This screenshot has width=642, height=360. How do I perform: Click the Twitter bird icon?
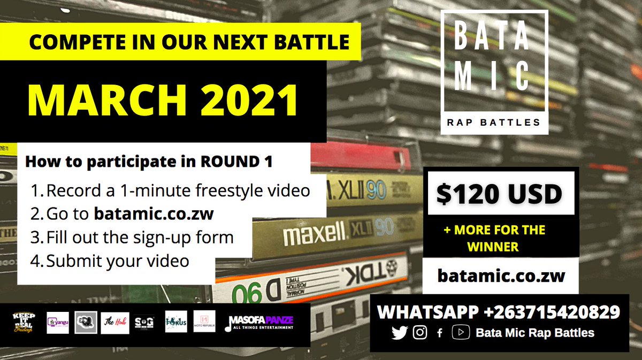tap(400, 333)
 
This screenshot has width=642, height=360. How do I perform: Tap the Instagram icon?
tap(421, 333)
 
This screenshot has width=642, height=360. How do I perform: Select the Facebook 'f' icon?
tap(440, 333)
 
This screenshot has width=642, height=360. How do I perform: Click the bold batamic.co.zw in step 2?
tap(154, 213)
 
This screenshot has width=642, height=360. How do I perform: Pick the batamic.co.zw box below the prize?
tap(501, 276)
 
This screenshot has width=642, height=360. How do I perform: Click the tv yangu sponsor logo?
tap(58, 323)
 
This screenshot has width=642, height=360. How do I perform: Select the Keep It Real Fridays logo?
tap(23, 323)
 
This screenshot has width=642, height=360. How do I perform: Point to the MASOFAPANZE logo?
tap(262, 323)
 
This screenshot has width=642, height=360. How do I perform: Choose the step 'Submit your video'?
tap(118, 261)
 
